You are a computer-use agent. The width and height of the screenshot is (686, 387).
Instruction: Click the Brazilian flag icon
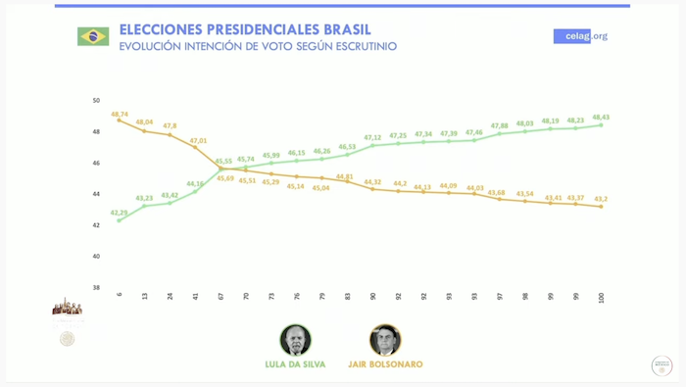pyautogui.click(x=93, y=36)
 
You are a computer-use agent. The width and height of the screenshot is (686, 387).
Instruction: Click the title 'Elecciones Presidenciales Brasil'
pyautogui.click(x=244, y=29)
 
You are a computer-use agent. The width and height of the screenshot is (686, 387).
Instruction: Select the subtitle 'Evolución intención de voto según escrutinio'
pyautogui.click(x=258, y=46)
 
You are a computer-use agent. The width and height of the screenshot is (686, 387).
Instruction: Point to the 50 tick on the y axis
pyautogui.click(x=96, y=100)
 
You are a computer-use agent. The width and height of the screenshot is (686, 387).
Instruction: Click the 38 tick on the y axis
pyautogui.click(x=96, y=287)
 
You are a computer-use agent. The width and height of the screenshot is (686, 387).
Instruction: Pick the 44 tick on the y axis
pyautogui.click(x=96, y=194)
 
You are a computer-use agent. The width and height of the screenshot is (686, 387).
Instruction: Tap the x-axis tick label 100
pyautogui.click(x=601, y=297)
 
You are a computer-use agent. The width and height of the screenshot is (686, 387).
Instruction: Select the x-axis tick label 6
pyautogui.click(x=120, y=294)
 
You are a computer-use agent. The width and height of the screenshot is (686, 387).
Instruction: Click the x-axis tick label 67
pyautogui.click(x=220, y=295)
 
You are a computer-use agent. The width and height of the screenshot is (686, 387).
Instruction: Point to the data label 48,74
pyautogui.click(x=120, y=114)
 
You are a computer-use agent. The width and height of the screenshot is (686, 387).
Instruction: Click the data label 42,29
pyautogui.click(x=119, y=213)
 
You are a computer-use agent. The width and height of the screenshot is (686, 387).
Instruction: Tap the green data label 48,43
pyautogui.click(x=601, y=117)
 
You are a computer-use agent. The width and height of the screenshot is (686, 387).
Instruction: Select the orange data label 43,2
pyautogui.click(x=600, y=198)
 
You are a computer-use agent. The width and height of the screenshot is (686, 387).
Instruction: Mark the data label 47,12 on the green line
pyautogui.click(x=372, y=137)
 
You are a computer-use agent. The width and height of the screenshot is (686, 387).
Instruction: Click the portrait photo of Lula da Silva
pyautogui.click(x=295, y=340)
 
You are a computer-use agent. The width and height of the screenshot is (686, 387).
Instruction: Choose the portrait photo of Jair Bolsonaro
pyautogui.click(x=385, y=340)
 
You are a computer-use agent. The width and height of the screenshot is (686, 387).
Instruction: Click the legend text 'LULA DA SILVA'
pyautogui.click(x=295, y=364)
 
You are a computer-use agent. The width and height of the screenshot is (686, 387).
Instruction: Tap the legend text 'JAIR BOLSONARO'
pyautogui.click(x=385, y=364)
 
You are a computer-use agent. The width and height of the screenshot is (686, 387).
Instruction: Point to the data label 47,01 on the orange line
pyautogui.click(x=198, y=140)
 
